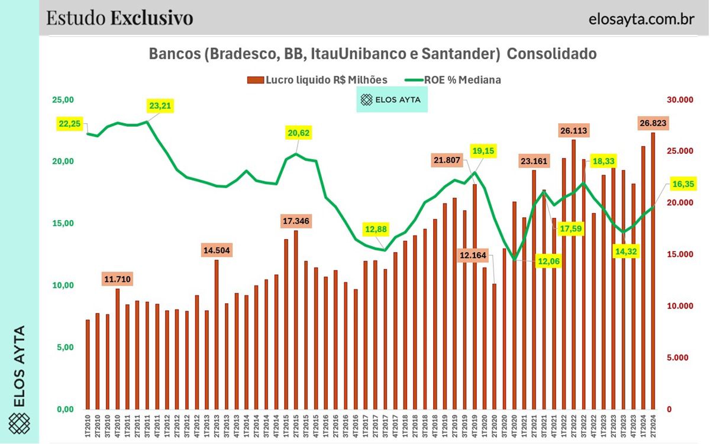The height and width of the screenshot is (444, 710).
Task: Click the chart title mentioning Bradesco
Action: pyautogui.click(x=373, y=54)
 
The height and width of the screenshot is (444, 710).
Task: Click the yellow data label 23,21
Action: pyautogui.click(x=162, y=107)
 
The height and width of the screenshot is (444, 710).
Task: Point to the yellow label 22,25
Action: pyautogui.click(x=71, y=124)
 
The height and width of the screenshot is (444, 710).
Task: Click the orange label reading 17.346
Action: pyautogui.click(x=296, y=221)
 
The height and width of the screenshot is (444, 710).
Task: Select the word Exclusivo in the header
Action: pyautogui.click(x=151, y=18)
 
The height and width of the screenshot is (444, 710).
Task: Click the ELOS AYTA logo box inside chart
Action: pyautogui.click(x=391, y=100)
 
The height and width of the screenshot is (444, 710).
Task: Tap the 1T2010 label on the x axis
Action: pyautogui.click(x=88, y=424)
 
